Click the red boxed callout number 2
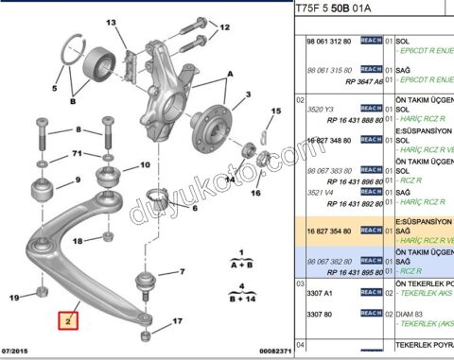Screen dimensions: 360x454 pos(68,320)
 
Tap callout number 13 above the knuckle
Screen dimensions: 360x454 pos(110,23)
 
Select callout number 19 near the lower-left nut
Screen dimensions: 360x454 pos(15,298)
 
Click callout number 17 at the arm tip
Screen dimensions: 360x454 pos(176,322)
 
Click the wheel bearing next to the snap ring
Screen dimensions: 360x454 pos(99,65)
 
